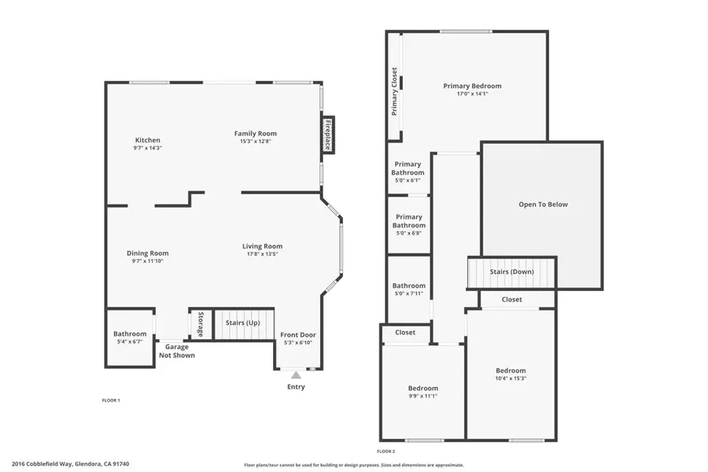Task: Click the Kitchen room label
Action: pyautogui.click(x=147, y=140)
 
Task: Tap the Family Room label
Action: pyautogui.click(x=258, y=133)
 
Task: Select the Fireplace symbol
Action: pyautogui.click(x=327, y=135)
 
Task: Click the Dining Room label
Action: pyautogui.click(x=148, y=253)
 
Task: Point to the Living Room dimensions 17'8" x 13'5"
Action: pyautogui.click(x=262, y=254)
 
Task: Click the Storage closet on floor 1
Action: pyautogui.click(x=201, y=324)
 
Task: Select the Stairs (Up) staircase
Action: pyautogui.click(x=243, y=323)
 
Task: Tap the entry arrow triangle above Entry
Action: pyautogui.click(x=296, y=375)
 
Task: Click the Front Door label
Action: pyautogui.click(x=297, y=334)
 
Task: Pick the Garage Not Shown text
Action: pyautogui.click(x=176, y=351)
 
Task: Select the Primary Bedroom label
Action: pyautogui.click(x=472, y=87)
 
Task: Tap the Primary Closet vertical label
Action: pyautogui.click(x=395, y=91)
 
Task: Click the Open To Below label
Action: pyautogui.click(x=543, y=205)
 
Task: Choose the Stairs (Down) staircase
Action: pyautogui.click(x=511, y=272)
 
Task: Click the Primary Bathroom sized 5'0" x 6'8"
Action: pyautogui.click(x=409, y=221)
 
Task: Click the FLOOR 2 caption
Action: pyautogui.click(x=385, y=452)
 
